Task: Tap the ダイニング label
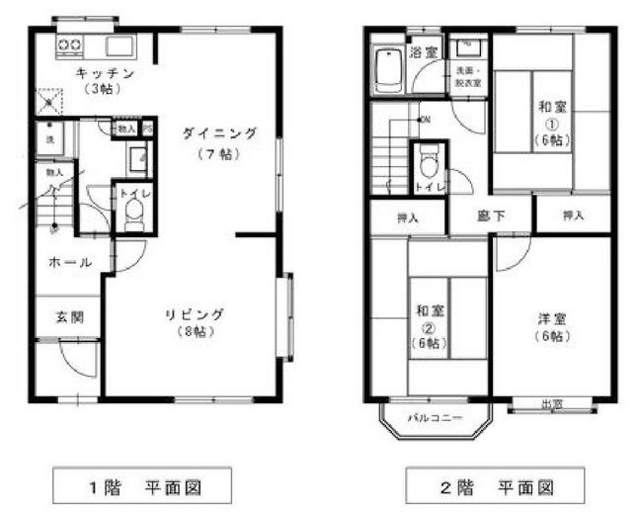(218, 132)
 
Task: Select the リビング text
(194, 314)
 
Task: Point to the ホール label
(70, 262)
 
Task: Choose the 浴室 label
(425, 51)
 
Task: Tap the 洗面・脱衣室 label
(467, 77)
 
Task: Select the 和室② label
(427, 309)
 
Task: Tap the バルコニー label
(436, 418)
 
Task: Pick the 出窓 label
(552, 402)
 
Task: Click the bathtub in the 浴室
(388, 68)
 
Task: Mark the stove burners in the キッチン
(71, 44)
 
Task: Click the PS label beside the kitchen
(148, 129)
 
